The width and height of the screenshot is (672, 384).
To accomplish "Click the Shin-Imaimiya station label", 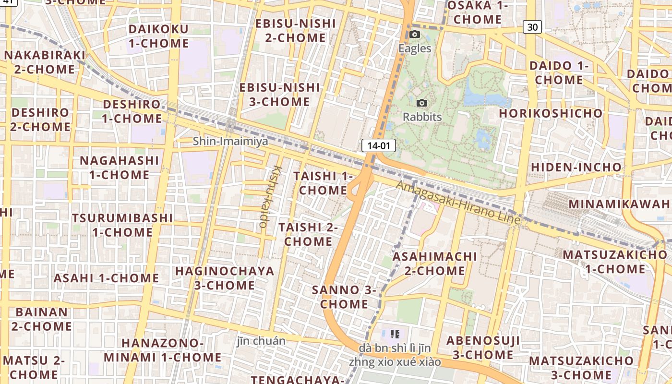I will pyautogui.click(x=230, y=141).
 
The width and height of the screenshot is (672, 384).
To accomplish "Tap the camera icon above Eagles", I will pyautogui.click(x=415, y=35).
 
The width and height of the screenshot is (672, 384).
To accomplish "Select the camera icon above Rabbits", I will pyautogui.click(x=422, y=103).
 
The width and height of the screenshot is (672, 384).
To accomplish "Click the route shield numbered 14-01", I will pyautogui.click(x=378, y=145).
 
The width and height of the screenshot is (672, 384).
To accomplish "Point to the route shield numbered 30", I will pyautogui.click(x=532, y=27).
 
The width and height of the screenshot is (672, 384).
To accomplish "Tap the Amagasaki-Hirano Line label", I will pyautogui.click(x=458, y=202).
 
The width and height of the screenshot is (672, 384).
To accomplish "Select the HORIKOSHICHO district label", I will pyautogui.click(x=551, y=113).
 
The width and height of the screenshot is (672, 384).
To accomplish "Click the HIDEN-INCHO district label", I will pyautogui.click(x=576, y=167).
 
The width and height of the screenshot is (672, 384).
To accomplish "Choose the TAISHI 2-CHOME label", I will pyautogui.click(x=308, y=234).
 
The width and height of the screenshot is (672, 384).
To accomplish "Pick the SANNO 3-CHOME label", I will pyautogui.click(x=344, y=297).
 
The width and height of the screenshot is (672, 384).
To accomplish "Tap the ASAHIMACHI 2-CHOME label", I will pyautogui.click(x=435, y=263).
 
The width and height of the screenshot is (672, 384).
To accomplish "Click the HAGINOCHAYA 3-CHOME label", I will pyautogui.click(x=225, y=277).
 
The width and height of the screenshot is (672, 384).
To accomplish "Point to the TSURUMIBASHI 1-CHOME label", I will pyautogui.click(x=122, y=225).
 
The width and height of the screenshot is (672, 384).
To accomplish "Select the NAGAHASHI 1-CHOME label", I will pyautogui.click(x=119, y=167).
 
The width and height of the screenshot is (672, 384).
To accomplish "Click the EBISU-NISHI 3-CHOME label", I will pyautogui.click(x=279, y=94).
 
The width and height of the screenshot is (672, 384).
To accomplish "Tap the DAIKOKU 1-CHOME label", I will pyautogui.click(x=158, y=36).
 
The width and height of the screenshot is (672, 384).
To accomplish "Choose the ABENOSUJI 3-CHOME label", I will pyautogui.click(x=483, y=348).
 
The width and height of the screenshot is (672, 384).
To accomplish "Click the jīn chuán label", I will pyautogui.click(x=261, y=341).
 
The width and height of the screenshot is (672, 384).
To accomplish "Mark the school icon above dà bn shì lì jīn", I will pyautogui.click(x=395, y=334).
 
